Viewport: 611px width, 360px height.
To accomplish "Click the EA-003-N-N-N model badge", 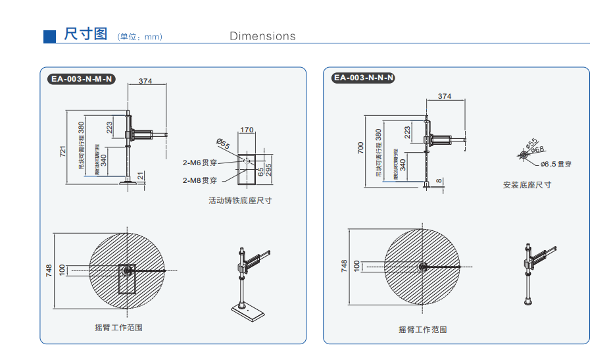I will pyautogui.click(x=364, y=78).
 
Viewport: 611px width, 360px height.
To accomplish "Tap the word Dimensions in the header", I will pyautogui.click(x=262, y=36).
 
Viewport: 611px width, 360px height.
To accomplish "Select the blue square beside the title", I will pyautogui.click(x=49, y=36).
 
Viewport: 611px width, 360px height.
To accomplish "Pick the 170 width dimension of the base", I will pyautogui.click(x=247, y=130).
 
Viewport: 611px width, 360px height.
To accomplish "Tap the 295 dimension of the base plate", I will pyautogui.click(x=269, y=169).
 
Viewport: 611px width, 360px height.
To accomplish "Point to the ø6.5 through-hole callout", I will pyautogui.click(x=556, y=164).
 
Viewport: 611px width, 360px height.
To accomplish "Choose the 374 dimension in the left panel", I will pyautogui.click(x=145, y=82).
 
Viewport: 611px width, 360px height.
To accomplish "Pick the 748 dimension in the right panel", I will pyautogui.click(x=344, y=266).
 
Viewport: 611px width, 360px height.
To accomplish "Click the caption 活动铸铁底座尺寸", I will pyautogui.click(x=240, y=200).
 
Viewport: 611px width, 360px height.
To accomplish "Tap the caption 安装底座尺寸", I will pyautogui.click(x=527, y=185).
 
